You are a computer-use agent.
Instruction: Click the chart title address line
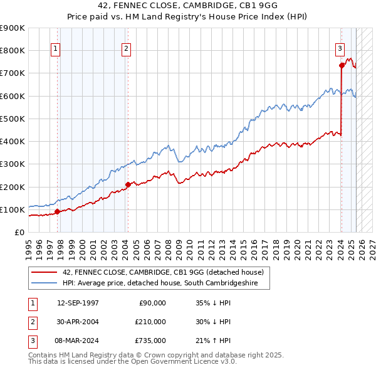pos(188,5)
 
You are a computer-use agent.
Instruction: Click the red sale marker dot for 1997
pos(56,211)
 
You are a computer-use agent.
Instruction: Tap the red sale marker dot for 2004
pos(127,184)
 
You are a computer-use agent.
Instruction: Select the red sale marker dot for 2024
pos(342,65)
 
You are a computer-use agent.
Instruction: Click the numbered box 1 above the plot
pos(56,50)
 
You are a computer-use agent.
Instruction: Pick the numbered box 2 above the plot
pos(126,50)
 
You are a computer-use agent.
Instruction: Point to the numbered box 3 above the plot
pos(340,50)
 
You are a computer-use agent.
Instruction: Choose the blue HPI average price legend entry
pos(165,283)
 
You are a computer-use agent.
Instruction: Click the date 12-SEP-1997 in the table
pos(78,303)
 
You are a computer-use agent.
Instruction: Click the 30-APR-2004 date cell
pos(78,322)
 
